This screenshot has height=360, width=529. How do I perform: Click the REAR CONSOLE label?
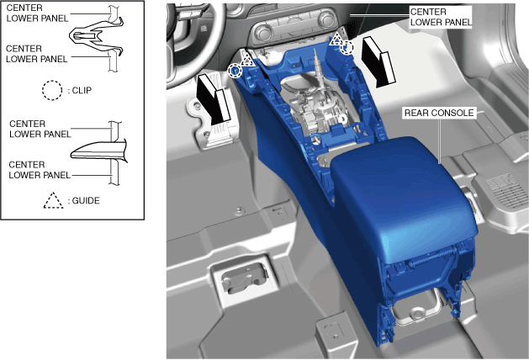(439, 113)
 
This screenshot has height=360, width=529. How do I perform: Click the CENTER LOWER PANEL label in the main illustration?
(441, 17)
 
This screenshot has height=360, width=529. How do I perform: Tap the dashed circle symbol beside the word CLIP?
(52, 91)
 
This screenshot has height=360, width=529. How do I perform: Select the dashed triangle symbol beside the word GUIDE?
(53, 200)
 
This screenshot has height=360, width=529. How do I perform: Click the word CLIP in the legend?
(82, 91)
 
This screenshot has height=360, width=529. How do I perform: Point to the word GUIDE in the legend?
(86, 201)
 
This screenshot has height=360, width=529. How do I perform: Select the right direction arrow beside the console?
(378, 61)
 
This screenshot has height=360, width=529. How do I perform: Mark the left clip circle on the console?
(235, 71)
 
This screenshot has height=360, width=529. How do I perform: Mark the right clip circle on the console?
(346, 48)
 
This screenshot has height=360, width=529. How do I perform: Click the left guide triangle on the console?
(247, 60)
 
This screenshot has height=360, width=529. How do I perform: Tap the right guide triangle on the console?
(336, 40)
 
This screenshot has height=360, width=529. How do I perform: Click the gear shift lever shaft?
(319, 64)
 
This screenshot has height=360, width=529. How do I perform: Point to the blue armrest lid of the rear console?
(403, 196)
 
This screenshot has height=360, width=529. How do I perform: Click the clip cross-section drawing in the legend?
(97, 36)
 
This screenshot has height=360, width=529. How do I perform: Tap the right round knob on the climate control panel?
(326, 19)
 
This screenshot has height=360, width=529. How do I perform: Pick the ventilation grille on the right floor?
(505, 190)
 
